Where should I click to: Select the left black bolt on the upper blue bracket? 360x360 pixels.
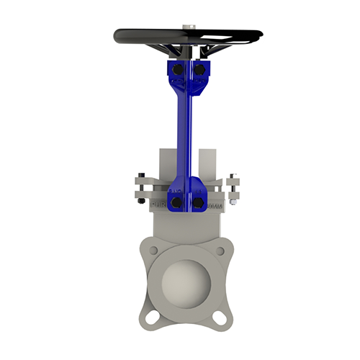pyautogui.click(x=177, y=69)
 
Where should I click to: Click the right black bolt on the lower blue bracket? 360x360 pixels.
pyautogui.click(x=198, y=203)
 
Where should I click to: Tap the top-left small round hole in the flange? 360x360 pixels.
pyautogui.click(x=153, y=250)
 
